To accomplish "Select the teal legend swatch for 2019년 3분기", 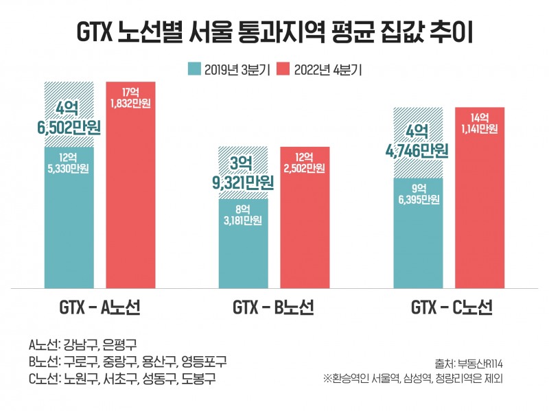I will click(x=194, y=69).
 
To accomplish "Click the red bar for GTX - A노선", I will click(x=130, y=206).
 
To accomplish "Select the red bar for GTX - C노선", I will click(x=479, y=206).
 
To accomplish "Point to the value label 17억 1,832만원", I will click(x=130, y=98).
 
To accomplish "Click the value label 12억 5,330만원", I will click(x=69, y=163).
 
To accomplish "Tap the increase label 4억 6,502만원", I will click(x=69, y=117).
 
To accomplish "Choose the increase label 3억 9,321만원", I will click(x=243, y=174).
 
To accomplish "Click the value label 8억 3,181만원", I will click(x=243, y=215).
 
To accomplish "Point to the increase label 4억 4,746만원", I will click(x=418, y=141).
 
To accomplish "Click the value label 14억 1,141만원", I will click(x=479, y=123).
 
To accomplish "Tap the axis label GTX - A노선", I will click(x=100, y=308).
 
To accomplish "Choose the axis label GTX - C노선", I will click(x=450, y=308).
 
